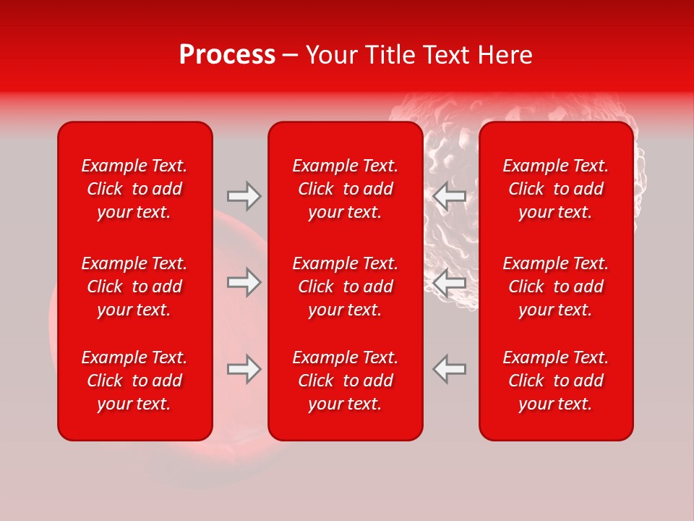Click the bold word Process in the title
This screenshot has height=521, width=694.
coord(227,55)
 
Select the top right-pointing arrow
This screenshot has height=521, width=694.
coord(244,196)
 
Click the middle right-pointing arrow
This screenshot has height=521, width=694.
coord(244,282)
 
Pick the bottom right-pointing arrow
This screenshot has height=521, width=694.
coord(244,369)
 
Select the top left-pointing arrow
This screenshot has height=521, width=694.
coord(449,196)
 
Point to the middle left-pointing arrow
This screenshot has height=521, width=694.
coord(449,282)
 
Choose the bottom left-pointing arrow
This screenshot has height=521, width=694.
coord(449,369)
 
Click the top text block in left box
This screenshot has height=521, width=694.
coord(134,189)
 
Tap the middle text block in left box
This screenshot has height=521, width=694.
coord(134,287)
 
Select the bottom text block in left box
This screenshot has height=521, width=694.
coord(134,381)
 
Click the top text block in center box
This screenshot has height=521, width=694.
coord(346,189)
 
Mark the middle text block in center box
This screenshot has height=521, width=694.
coord(346,287)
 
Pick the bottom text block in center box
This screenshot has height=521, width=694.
coord(346,381)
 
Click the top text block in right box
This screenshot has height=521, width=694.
coord(556,189)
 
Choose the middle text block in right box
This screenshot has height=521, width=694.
coord(556,287)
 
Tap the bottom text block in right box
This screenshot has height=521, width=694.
coord(556,381)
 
